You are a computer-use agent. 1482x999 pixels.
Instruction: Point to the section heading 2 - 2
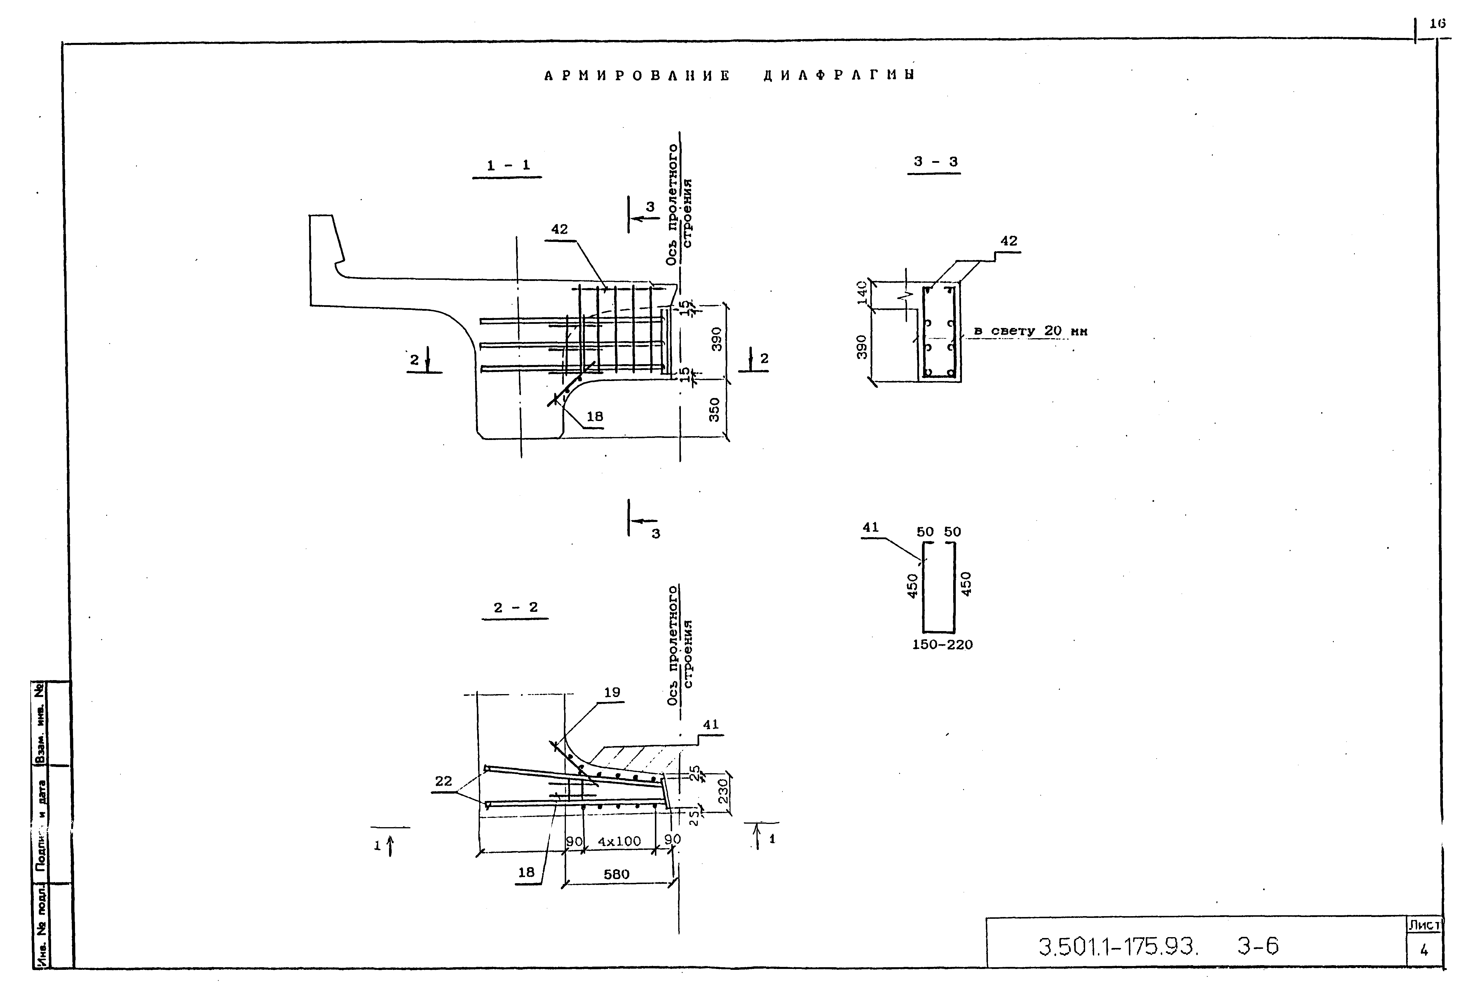pyautogui.click(x=515, y=608)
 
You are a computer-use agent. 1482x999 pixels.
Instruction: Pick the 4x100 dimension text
pyautogui.click(x=619, y=841)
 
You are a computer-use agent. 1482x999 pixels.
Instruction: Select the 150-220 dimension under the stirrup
pyautogui.click(x=942, y=645)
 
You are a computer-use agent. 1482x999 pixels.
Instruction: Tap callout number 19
pyautogui.click(x=612, y=693)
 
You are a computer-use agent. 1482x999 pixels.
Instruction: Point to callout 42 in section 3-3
pyautogui.click(x=1009, y=241)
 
